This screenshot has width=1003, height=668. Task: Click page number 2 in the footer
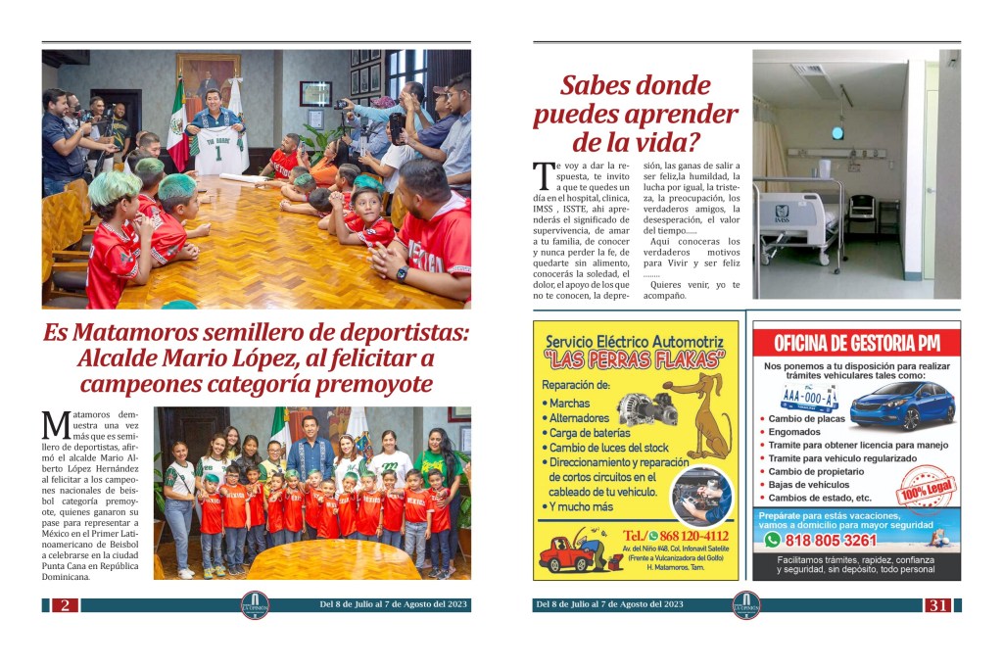64,605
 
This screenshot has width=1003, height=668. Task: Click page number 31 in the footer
937,605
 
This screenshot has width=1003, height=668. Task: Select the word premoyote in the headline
367,383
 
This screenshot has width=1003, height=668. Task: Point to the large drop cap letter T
543,176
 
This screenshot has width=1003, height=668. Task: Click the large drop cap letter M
55,426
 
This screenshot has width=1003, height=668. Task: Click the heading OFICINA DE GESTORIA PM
856,343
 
